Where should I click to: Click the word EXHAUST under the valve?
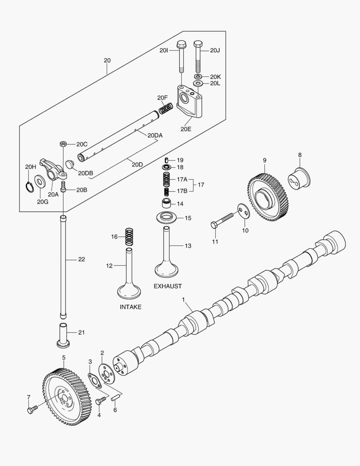point(168,286)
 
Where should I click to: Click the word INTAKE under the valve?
point(131,307)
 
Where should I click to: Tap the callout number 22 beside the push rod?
point(81,259)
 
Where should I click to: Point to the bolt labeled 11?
point(223,220)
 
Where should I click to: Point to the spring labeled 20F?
point(166,108)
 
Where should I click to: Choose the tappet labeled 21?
point(63,335)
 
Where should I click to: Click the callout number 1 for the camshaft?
point(183,299)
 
